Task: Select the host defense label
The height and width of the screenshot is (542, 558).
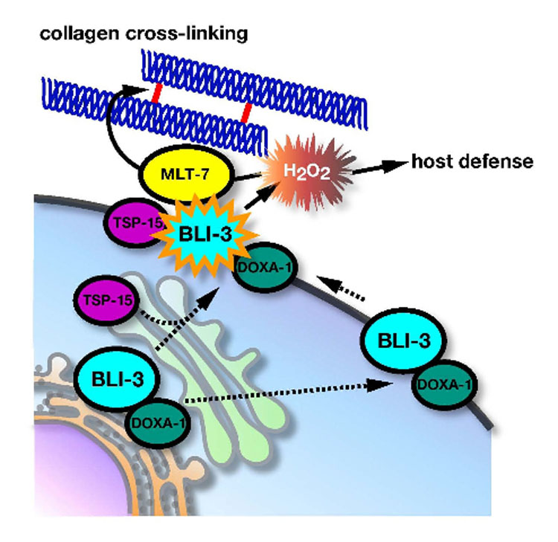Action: (x=472, y=161)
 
